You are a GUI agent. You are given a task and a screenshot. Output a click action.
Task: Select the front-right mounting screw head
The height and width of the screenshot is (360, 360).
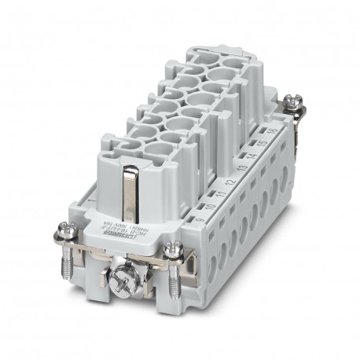point(174,252)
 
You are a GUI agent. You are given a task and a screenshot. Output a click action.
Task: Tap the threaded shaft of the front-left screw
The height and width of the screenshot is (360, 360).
point(63,259)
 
